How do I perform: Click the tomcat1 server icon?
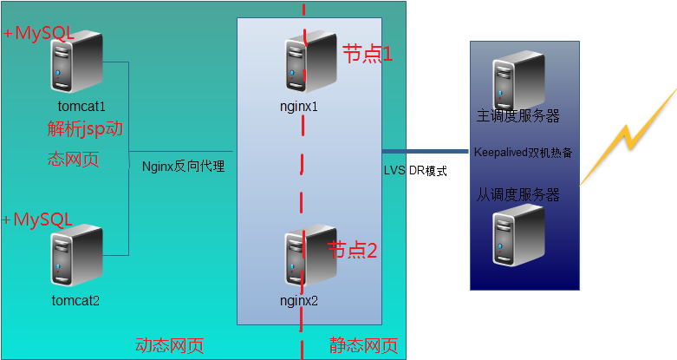[x=75, y=62]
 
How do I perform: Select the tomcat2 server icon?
[x=75, y=256]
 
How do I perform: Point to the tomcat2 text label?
[x=75, y=301]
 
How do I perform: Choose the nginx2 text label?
[x=299, y=301]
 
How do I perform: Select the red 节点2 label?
[x=352, y=251]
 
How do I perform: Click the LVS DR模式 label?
[x=415, y=171]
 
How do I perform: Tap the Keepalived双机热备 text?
[x=523, y=152]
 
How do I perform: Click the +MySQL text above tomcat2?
[x=38, y=219]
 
